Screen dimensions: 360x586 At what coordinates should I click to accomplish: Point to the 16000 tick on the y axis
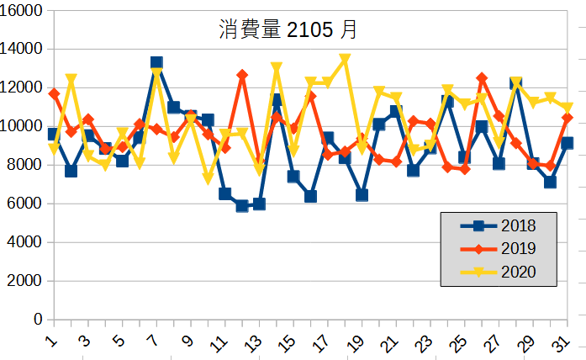point(25,10)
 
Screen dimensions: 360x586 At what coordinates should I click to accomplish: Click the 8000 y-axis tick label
point(29,165)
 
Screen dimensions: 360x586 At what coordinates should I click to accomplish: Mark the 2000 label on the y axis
point(29,281)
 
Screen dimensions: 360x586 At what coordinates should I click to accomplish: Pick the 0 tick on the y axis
point(38,320)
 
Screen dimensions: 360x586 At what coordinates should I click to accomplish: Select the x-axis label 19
point(356,343)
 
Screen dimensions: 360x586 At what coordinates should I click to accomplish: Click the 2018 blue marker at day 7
point(156,62)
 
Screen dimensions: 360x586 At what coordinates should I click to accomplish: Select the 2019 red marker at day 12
point(242,75)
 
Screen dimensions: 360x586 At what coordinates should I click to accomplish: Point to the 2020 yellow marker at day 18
point(345,59)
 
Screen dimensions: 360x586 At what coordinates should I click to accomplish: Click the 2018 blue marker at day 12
point(242,206)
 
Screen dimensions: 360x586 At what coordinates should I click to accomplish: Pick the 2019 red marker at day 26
point(482,78)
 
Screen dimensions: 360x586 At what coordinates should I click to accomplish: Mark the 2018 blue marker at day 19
point(362,195)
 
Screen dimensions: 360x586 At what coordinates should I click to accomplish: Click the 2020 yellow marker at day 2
point(71,79)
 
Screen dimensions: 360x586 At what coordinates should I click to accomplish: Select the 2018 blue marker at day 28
point(516,83)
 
